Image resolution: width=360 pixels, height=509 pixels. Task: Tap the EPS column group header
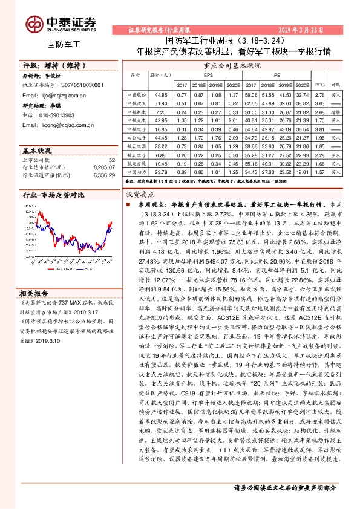click(x=208, y=75)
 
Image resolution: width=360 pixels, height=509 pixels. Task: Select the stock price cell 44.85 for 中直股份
click(x=161, y=96)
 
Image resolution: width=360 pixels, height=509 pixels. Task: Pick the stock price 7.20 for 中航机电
click(x=161, y=112)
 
